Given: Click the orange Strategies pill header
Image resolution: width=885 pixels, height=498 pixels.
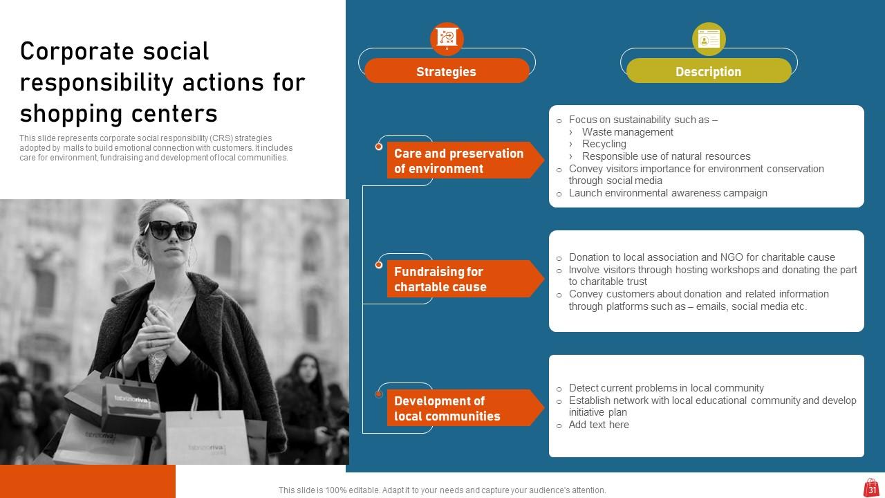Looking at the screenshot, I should point(446,71).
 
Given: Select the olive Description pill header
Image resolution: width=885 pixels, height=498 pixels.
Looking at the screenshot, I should point(708,71).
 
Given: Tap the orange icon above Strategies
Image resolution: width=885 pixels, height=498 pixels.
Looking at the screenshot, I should point(447,38).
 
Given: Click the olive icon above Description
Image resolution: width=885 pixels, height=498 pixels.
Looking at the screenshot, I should point(709,39).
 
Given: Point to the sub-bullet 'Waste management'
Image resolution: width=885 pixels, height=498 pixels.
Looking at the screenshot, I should point(627,132).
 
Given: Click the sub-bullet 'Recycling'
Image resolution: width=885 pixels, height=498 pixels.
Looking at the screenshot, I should point(604,144).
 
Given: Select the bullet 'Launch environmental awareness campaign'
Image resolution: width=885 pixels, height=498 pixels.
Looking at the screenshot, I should point(667,193).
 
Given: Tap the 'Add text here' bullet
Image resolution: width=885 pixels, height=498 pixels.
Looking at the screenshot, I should point(598,425).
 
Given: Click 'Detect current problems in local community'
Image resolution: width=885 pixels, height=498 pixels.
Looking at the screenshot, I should point(666,388).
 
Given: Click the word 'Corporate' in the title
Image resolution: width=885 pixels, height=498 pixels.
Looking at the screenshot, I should point(77,51).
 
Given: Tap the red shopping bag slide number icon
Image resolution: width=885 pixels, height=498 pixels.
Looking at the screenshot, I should point(871,488).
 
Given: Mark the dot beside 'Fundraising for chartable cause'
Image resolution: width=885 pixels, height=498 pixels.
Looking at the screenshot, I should point(379,265).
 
